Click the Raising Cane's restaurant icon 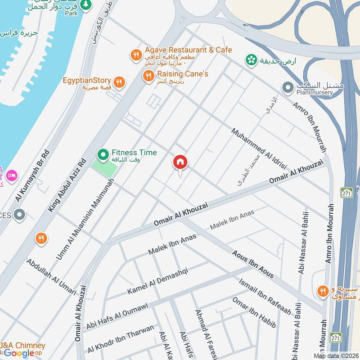click(148, 76)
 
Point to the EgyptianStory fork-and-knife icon click(119, 82)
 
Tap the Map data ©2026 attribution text click(335, 355)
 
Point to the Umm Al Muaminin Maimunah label click(85, 219)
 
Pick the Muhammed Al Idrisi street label click(259, 148)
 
